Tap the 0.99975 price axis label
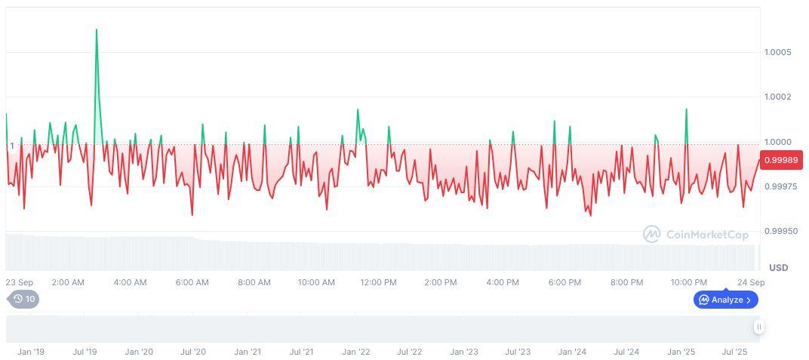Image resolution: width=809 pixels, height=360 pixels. point(778,186)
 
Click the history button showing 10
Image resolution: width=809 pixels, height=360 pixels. point(24,299)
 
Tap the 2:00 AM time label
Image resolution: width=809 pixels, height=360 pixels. point(68,282)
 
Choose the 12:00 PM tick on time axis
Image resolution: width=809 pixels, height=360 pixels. point(378,282)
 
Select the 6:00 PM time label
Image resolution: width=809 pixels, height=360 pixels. point(564,282)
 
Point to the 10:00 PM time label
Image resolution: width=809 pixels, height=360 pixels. point(689,282)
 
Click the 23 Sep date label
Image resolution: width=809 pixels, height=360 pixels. point(19,282)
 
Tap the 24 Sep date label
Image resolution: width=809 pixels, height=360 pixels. point(751,282)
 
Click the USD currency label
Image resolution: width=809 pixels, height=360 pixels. point(778,268)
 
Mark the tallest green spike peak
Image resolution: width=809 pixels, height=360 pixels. point(97,29)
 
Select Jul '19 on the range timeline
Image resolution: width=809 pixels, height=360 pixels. point(85,352)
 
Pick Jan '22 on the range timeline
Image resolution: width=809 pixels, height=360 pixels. point(355,352)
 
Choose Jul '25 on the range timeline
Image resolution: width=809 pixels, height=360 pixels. point(734,352)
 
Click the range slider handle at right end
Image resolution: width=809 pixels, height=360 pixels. point(758,327)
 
